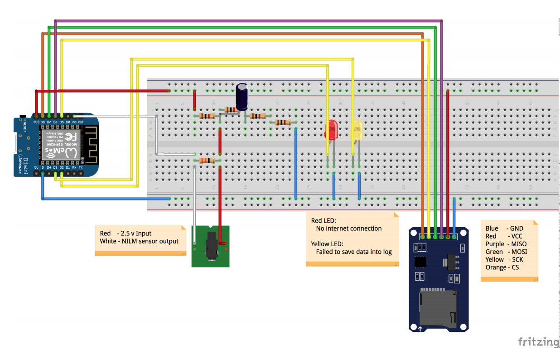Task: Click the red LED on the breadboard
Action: click(332, 129)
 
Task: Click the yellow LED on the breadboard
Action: click(357, 130)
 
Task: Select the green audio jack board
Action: click(210, 246)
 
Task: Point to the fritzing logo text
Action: click(538, 341)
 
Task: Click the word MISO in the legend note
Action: click(518, 244)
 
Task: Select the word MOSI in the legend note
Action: click(518, 252)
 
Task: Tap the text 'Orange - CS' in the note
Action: click(502, 268)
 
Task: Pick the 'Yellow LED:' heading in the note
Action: click(327, 244)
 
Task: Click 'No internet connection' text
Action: click(349, 229)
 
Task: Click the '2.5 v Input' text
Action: click(135, 234)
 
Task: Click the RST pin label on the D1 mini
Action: click(81, 122)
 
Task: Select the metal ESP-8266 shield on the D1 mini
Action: click(61, 145)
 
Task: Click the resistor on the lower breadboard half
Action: click(207, 161)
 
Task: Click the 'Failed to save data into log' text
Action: click(353, 252)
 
